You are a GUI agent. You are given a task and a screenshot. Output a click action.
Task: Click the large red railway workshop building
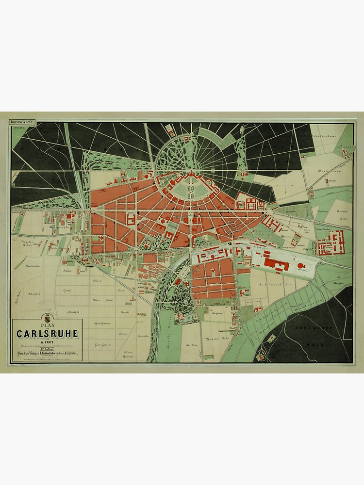(x=277, y=264)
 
